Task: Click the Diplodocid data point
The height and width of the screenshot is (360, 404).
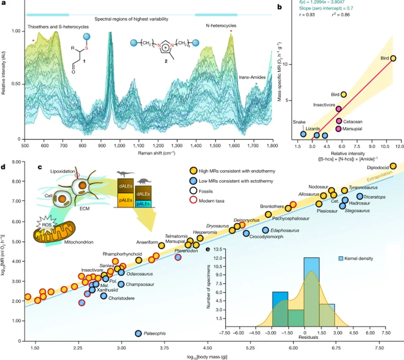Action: [393, 166]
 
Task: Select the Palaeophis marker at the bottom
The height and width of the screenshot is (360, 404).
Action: [138, 333]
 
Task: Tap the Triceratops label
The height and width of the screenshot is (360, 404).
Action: [374, 197]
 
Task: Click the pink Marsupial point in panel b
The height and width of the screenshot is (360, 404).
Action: [338, 129]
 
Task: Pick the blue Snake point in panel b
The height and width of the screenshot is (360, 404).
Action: [303, 134]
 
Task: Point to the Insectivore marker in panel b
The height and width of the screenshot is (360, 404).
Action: [338, 109]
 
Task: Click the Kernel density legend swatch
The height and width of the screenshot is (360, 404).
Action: [341, 258]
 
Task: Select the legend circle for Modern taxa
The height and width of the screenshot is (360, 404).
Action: [193, 201]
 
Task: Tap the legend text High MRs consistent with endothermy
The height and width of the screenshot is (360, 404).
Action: [237, 171]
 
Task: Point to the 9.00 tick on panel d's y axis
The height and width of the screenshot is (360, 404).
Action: [16, 162]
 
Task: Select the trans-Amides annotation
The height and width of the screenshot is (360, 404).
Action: [252, 77]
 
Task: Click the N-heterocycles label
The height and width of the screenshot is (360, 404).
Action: [221, 26]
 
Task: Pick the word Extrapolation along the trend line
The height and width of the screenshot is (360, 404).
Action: [379, 176]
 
